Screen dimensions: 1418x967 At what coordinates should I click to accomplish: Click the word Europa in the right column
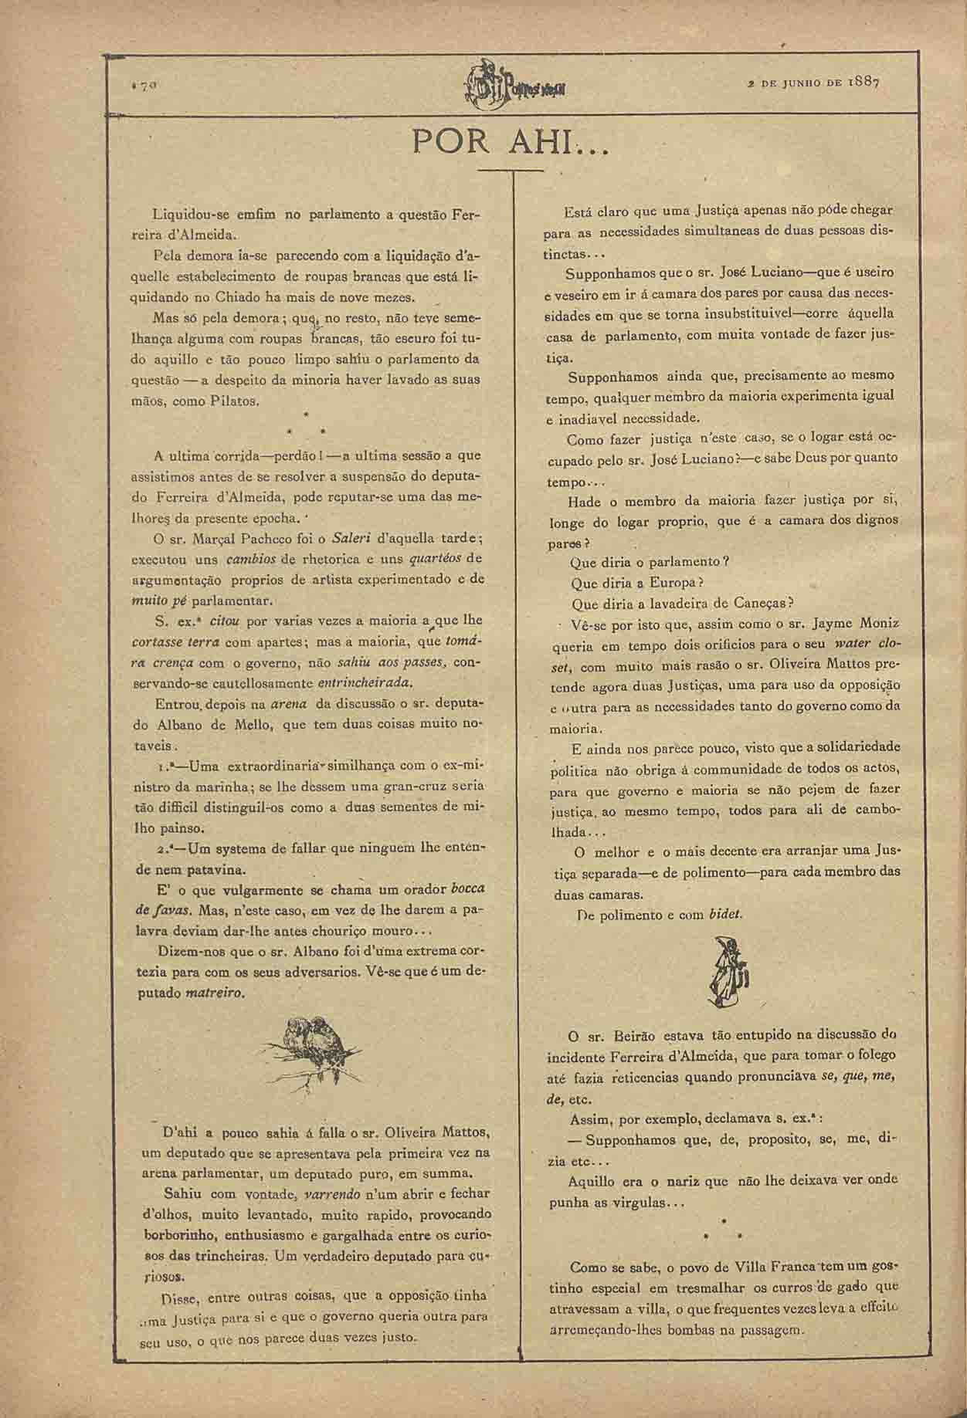click(674, 582)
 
